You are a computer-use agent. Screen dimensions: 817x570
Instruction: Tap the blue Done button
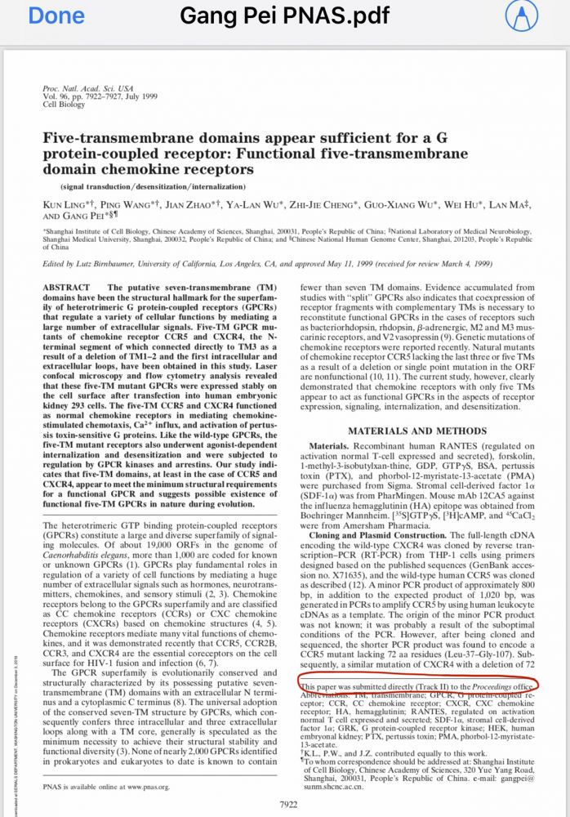click(56, 16)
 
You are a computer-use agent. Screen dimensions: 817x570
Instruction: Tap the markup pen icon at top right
click(540, 16)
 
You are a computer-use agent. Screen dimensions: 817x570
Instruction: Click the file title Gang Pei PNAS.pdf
click(284, 16)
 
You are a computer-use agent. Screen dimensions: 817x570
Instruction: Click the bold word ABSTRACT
click(66, 288)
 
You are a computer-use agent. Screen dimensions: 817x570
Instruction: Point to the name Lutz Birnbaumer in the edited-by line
click(109, 264)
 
